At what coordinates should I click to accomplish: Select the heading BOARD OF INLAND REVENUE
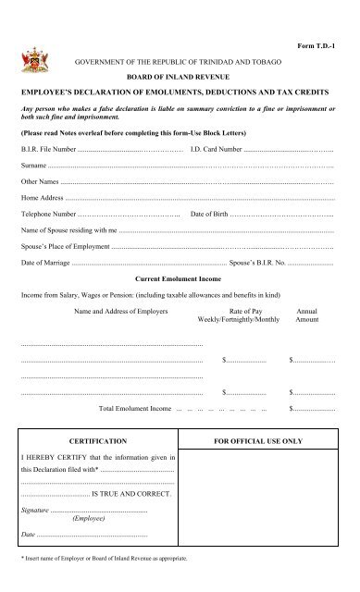pyautogui.click(x=180, y=79)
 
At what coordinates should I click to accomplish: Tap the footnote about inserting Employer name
pyautogui.click(x=106, y=560)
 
